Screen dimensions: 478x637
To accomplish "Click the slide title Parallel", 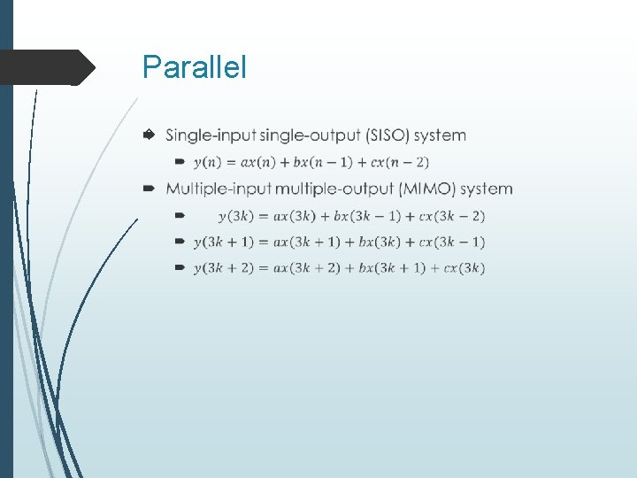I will pos(195,67).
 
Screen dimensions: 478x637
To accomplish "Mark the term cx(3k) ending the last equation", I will pos(464,268).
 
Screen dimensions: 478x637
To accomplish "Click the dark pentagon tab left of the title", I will pos(48,67).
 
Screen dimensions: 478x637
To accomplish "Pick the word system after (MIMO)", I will pos(487,189).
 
